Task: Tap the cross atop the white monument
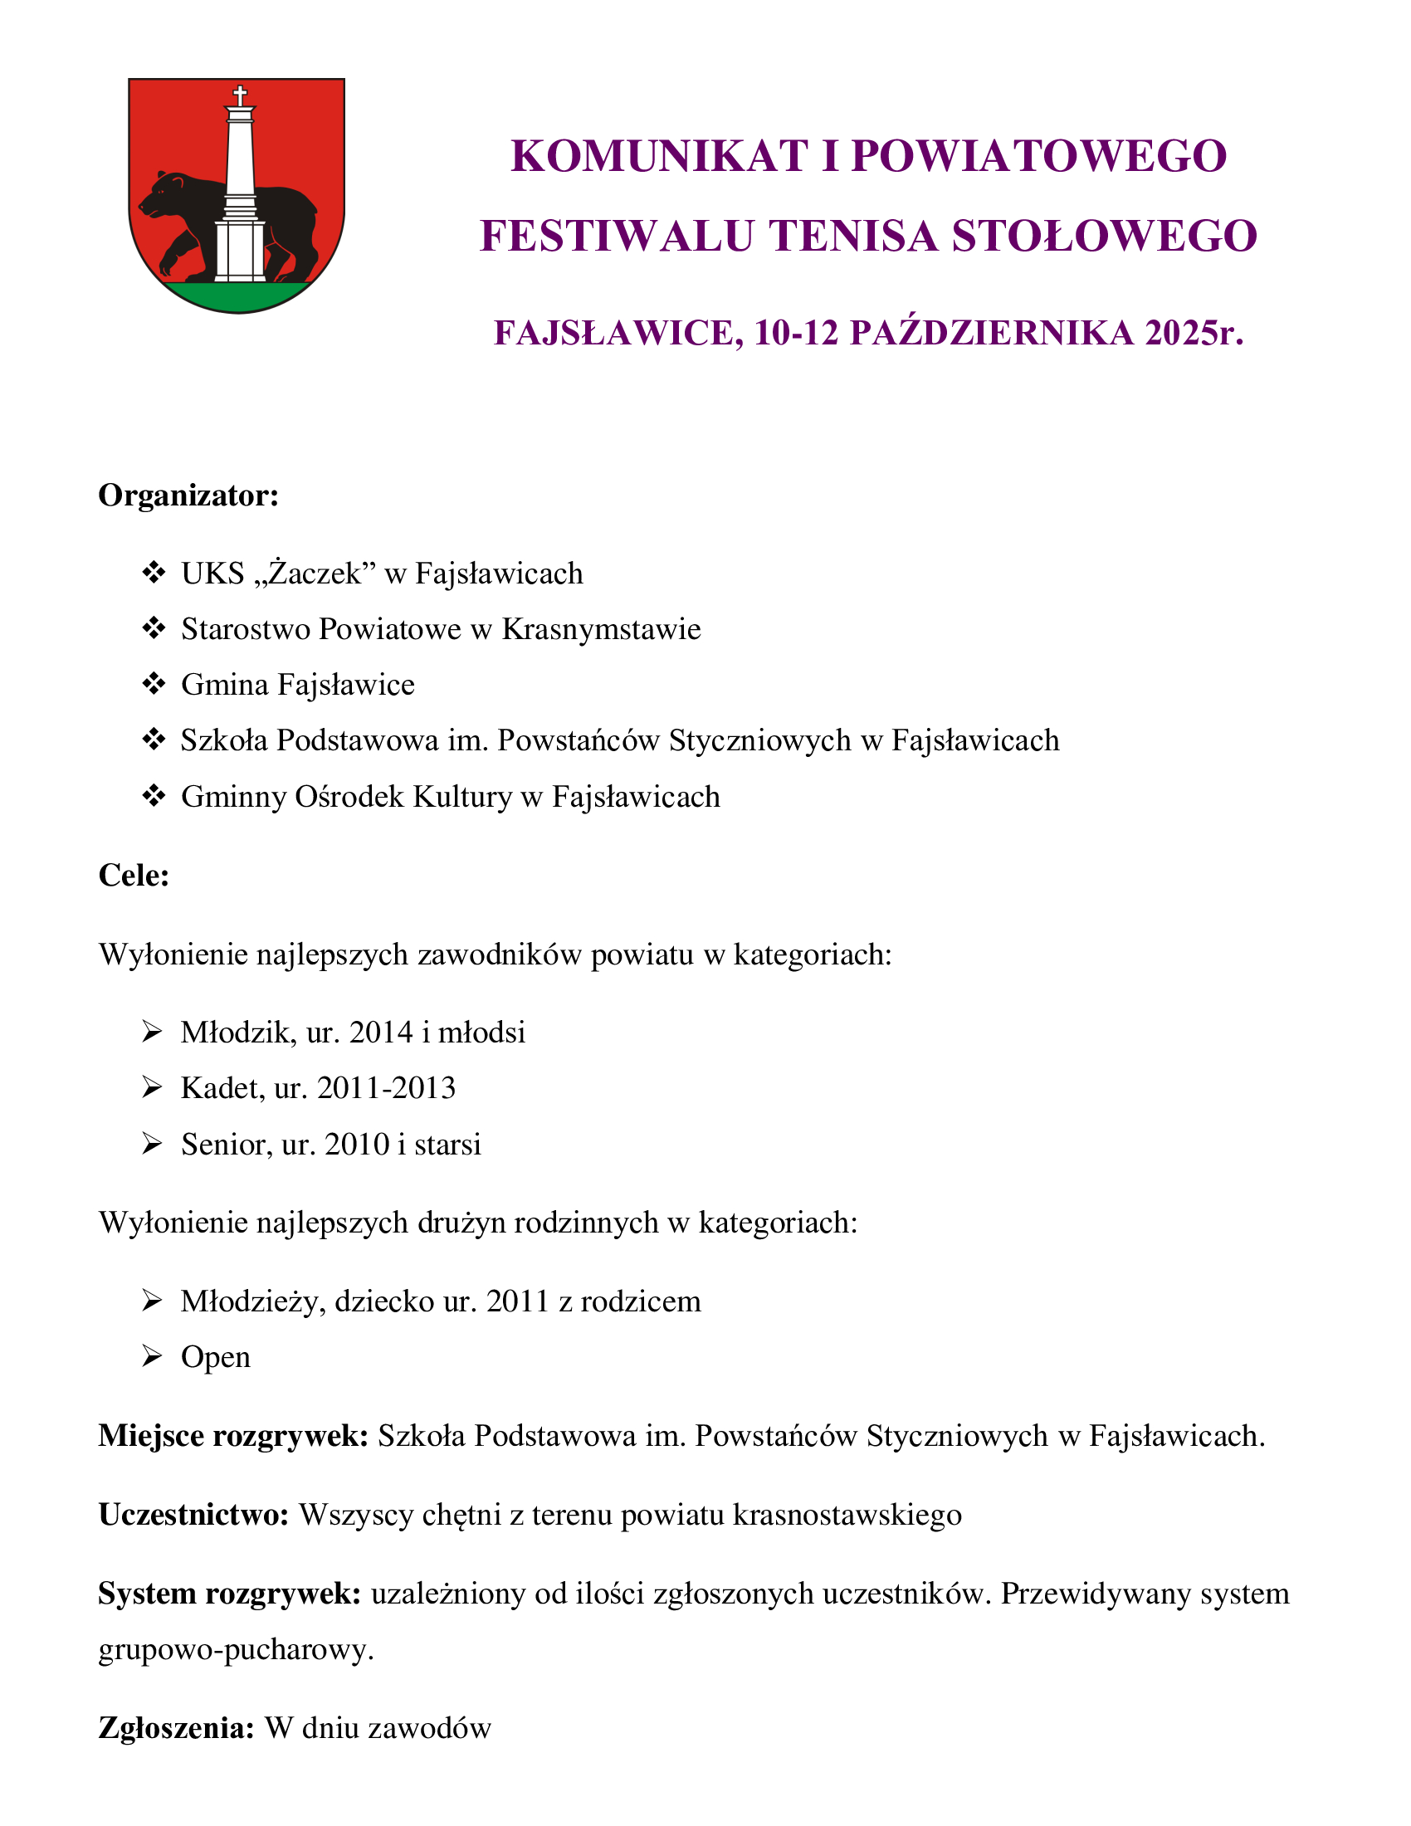click(x=240, y=95)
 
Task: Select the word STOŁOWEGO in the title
click(x=1104, y=236)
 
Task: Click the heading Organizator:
click(x=188, y=495)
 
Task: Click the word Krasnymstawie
click(x=601, y=629)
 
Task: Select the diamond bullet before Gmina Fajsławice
click(x=154, y=684)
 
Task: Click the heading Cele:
click(x=134, y=876)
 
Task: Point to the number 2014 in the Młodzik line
click(x=381, y=1033)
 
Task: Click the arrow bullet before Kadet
click(x=152, y=1088)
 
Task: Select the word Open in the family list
click(x=216, y=1357)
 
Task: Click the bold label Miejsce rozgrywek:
click(x=233, y=1436)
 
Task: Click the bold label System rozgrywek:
click(x=229, y=1594)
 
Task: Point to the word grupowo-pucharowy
click(x=236, y=1649)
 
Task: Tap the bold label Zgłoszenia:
click(x=176, y=1728)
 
